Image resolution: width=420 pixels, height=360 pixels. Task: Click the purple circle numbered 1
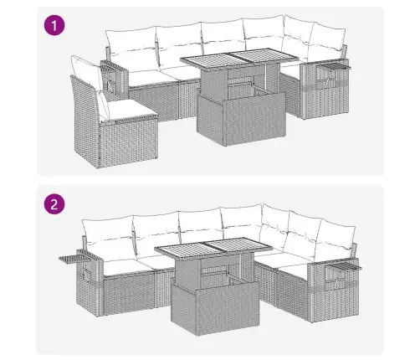(x=54, y=25)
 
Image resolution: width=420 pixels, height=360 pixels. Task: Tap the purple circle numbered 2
(x=54, y=204)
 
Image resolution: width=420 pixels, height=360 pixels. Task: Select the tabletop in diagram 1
(x=239, y=58)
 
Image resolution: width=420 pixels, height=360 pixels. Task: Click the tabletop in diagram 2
(x=213, y=247)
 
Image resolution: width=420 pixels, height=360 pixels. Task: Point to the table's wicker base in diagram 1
(x=241, y=119)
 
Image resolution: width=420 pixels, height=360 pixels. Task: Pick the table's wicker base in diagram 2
(x=216, y=307)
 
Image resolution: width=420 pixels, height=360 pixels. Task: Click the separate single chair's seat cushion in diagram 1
(x=127, y=111)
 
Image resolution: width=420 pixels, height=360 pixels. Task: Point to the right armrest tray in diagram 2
(x=343, y=266)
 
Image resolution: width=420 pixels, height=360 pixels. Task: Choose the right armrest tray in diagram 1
(x=334, y=66)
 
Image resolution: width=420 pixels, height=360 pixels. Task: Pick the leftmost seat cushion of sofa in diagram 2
(x=127, y=267)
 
